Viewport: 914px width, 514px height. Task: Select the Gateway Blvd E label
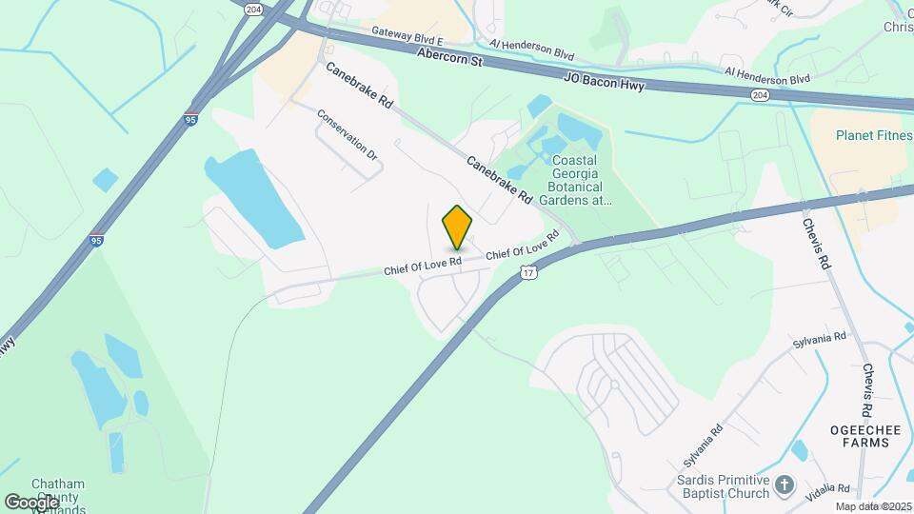tap(408, 37)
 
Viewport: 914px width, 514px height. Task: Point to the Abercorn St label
tap(450, 59)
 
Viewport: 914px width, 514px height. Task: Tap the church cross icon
tap(784, 484)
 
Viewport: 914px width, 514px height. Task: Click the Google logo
tap(31, 501)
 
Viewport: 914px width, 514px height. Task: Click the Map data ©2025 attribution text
tap(873, 506)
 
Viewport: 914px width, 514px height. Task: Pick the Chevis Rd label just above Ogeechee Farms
tap(867, 390)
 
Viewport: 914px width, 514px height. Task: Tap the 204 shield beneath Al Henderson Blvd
tap(759, 95)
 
